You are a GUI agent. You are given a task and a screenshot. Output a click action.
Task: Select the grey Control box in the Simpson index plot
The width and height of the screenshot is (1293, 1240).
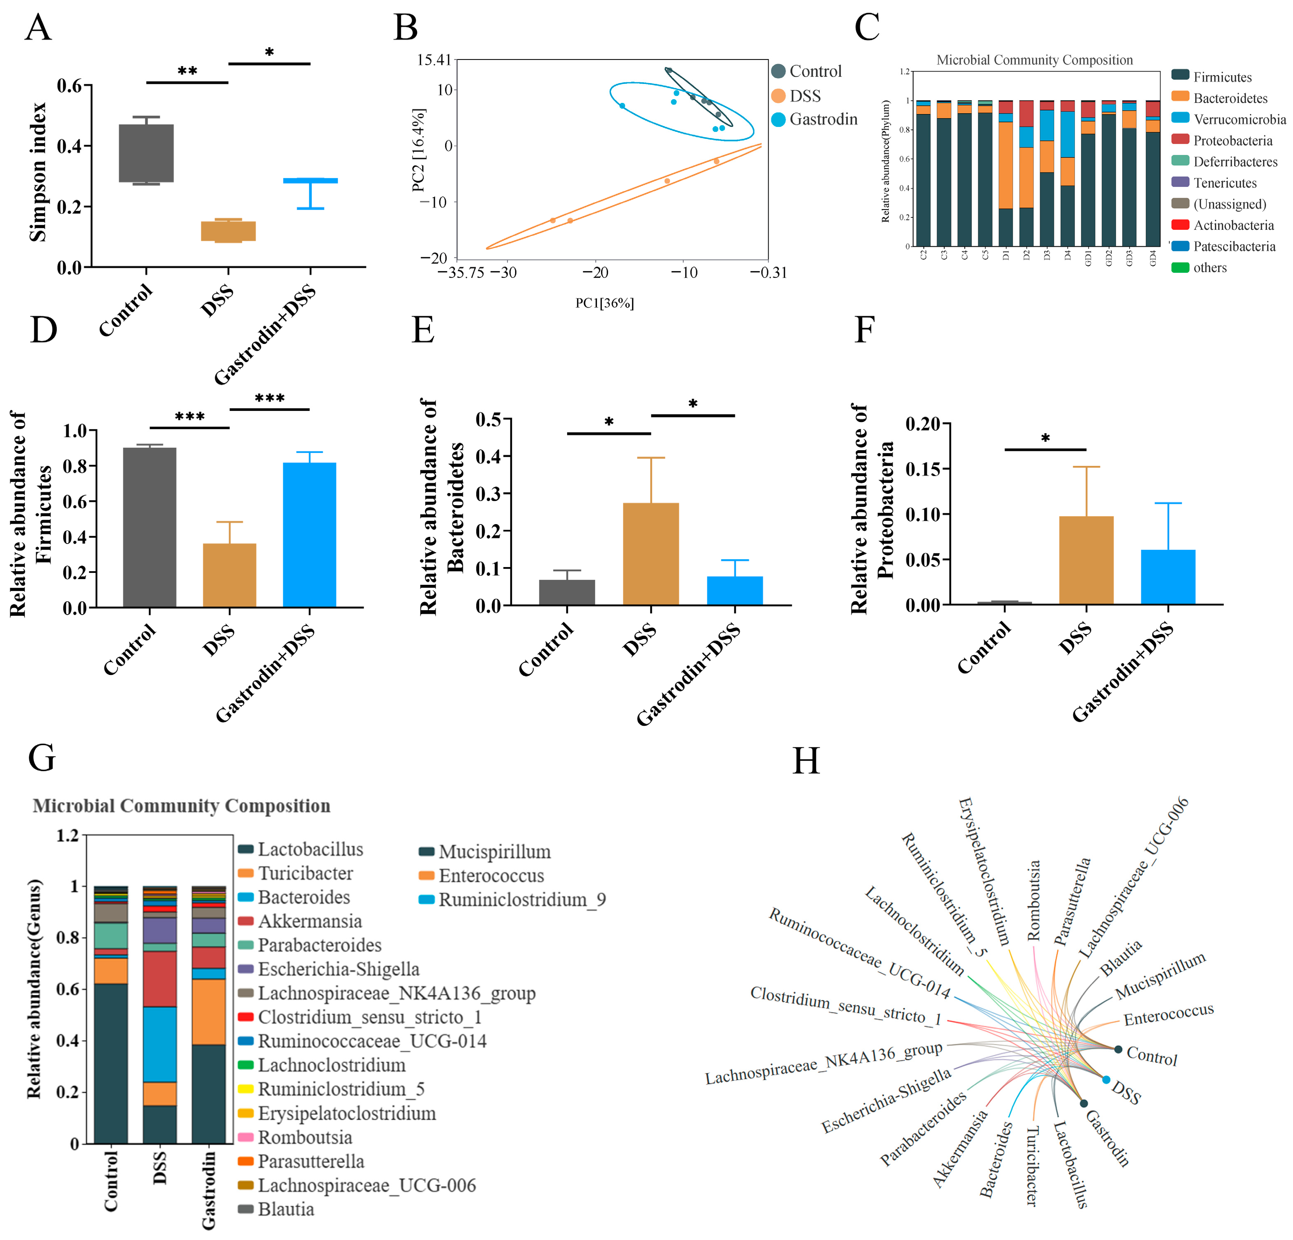[x=146, y=153]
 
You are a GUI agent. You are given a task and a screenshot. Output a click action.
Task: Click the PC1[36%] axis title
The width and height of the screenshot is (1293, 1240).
[x=604, y=303]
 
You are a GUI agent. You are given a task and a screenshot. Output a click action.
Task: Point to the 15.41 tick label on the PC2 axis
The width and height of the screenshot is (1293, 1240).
[x=434, y=60]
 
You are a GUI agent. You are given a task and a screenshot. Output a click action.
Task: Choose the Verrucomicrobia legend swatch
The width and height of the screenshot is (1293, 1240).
[x=1180, y=119]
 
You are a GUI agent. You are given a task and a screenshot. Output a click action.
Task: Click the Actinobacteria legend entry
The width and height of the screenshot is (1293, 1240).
[x=1233, y=226]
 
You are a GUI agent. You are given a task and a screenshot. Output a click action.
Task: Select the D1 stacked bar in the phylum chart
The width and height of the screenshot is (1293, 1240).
[x=1005, y=173]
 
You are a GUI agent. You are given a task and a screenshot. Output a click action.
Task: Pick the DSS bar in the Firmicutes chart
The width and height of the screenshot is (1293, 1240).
[x=229, y=575]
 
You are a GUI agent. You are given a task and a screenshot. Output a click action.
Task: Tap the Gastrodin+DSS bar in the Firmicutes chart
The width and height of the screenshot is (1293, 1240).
[x=309, y=534]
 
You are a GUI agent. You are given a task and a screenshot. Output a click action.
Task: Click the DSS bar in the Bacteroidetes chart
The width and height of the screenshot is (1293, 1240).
[x=651, y=554]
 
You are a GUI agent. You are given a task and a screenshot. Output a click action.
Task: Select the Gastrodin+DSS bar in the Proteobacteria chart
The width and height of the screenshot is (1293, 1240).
[x=1168, y=577]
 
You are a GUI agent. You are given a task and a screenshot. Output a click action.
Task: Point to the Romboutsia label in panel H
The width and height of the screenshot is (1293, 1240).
[x=1034, y=900]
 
